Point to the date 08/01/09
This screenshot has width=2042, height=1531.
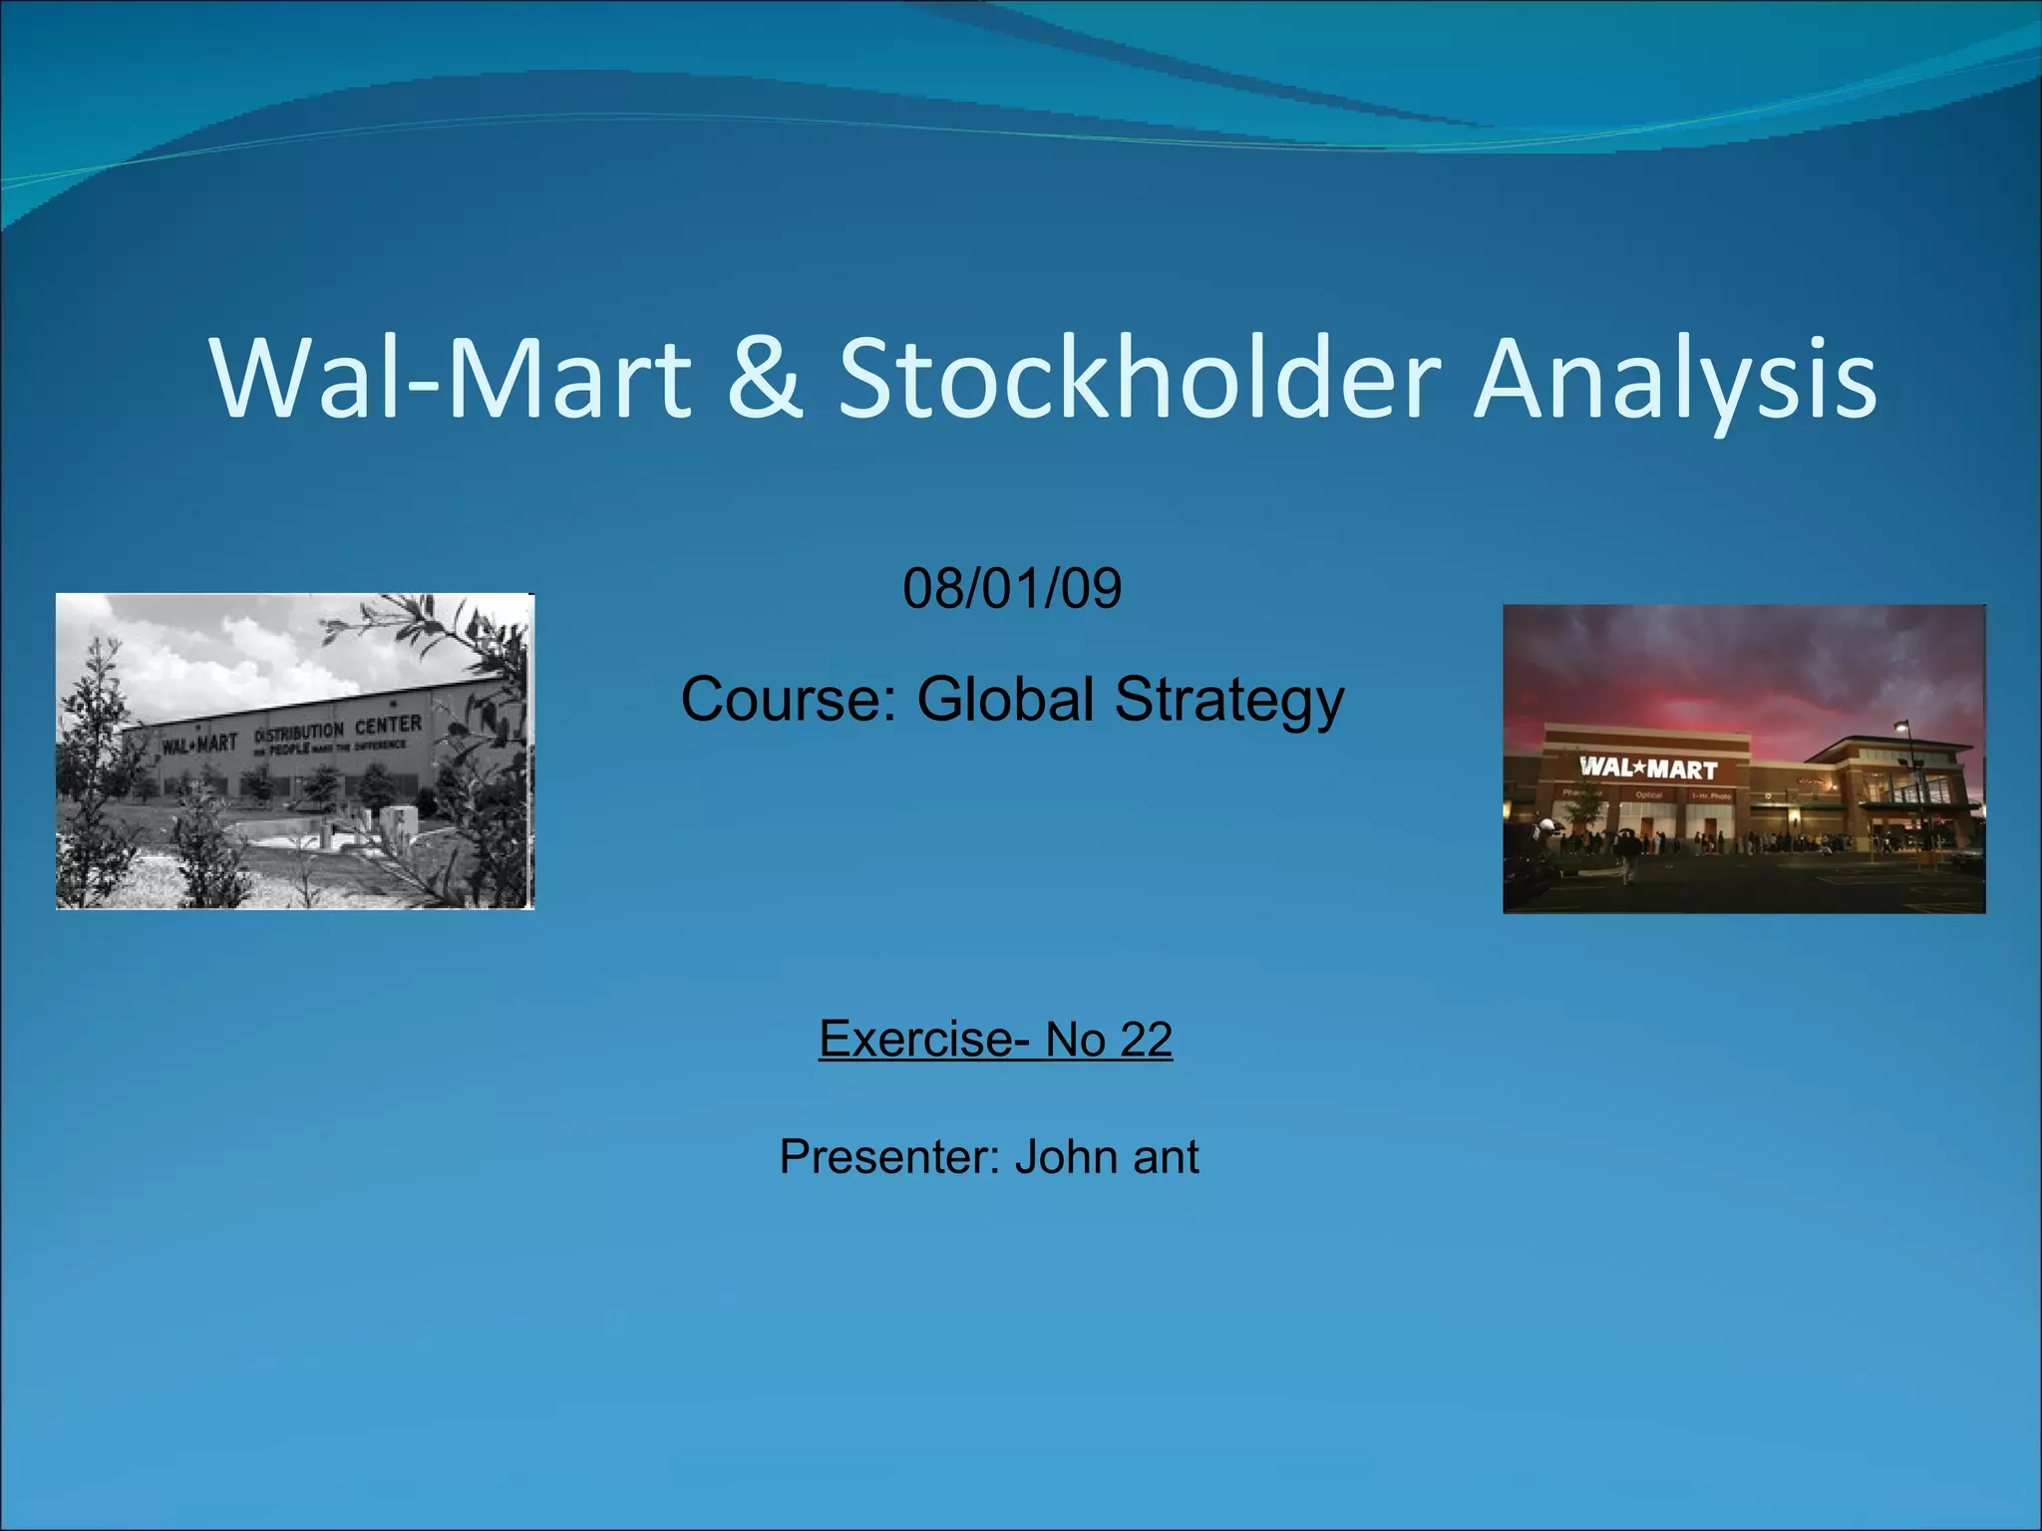1012,588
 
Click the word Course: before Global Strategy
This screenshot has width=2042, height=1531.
788,699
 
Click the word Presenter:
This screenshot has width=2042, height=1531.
889,1157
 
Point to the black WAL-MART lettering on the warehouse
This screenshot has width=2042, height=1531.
200,744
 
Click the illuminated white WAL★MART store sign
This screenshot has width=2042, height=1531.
1648,768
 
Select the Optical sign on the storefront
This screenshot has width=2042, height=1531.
1648,795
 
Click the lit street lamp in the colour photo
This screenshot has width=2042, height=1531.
1902,727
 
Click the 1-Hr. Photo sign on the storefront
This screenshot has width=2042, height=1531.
1709,796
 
